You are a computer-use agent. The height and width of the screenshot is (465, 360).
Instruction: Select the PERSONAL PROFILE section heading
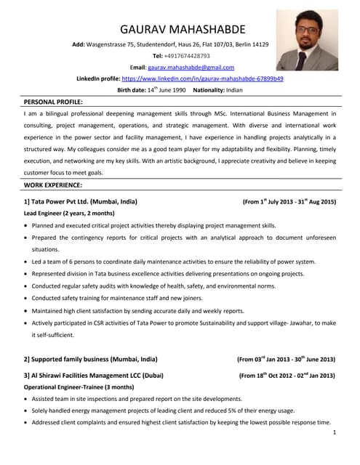click(53, 102)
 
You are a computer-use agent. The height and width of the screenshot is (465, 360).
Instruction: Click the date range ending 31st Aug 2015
click(289, 201)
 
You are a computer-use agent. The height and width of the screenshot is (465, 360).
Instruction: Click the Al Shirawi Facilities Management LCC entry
click(94, 375)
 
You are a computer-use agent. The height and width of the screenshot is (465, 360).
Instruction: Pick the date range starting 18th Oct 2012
click(287, 375)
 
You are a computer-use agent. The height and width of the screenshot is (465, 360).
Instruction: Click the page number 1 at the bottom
click(333, 433)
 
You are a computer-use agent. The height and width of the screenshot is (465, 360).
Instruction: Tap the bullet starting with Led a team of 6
click(174, 262)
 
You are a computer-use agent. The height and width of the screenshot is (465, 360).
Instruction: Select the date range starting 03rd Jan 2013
click(286, 359)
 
